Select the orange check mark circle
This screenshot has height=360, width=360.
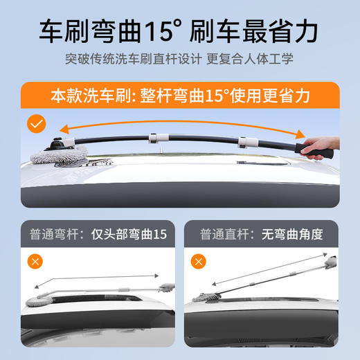[x=35, y=125]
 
